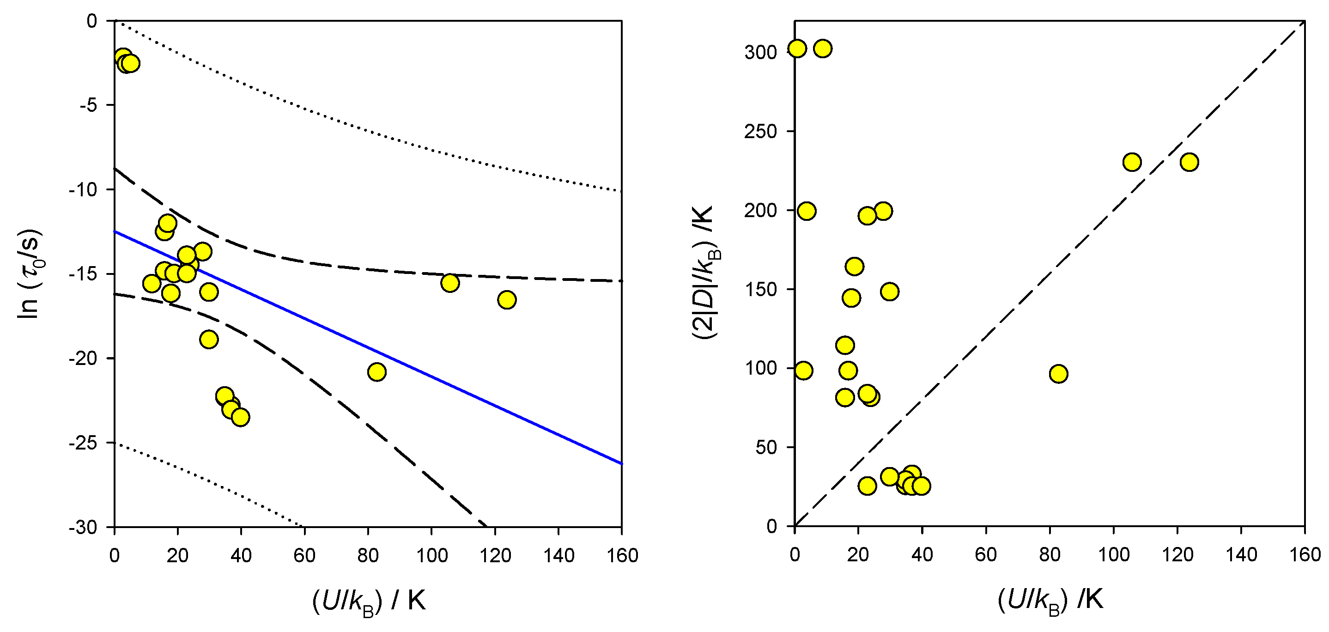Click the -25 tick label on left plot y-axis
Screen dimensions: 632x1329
83,443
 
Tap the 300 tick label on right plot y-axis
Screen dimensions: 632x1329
760,53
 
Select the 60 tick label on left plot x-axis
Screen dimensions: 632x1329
304,556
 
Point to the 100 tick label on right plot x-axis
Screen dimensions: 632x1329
1113,554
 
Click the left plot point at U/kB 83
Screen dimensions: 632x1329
377,372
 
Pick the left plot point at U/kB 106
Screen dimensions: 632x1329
450,283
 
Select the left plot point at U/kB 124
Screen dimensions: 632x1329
507,300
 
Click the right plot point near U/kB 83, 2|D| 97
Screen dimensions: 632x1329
1058,374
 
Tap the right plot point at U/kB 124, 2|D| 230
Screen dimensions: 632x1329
1189,162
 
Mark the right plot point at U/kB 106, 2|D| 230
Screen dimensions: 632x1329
1132,162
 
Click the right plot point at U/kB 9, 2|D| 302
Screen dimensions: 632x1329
823,49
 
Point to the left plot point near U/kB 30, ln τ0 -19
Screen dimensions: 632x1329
208,340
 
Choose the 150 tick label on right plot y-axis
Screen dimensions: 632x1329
760,289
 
